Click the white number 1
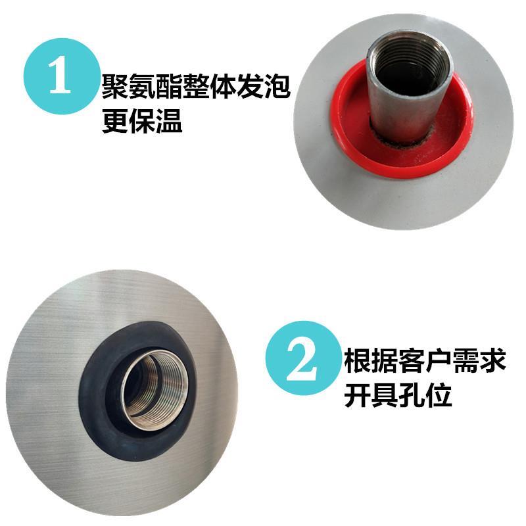[x=60, y=76]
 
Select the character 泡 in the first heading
[x=277, y=86]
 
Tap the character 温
[x=169, y=120]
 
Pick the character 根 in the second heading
[x=358, y=360]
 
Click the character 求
[x=492, y=360]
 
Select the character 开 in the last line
[x=358, y=394]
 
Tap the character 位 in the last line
[x=439, y=394]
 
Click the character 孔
[x=412, y=394]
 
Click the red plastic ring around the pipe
[x=349, y=141]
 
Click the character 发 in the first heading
[x=251, y=86]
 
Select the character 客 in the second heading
[x=412, y=360]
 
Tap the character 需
[x=466, y=360]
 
